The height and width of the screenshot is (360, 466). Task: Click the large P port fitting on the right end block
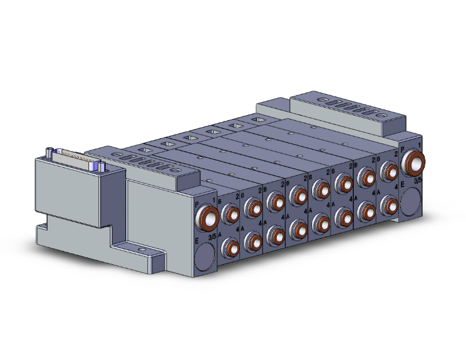413,163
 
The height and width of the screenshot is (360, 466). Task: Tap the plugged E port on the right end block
410,200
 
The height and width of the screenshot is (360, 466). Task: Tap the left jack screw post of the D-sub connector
49,151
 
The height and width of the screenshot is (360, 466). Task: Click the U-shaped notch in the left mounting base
45,222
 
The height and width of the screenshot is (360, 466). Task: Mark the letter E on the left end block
197,240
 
